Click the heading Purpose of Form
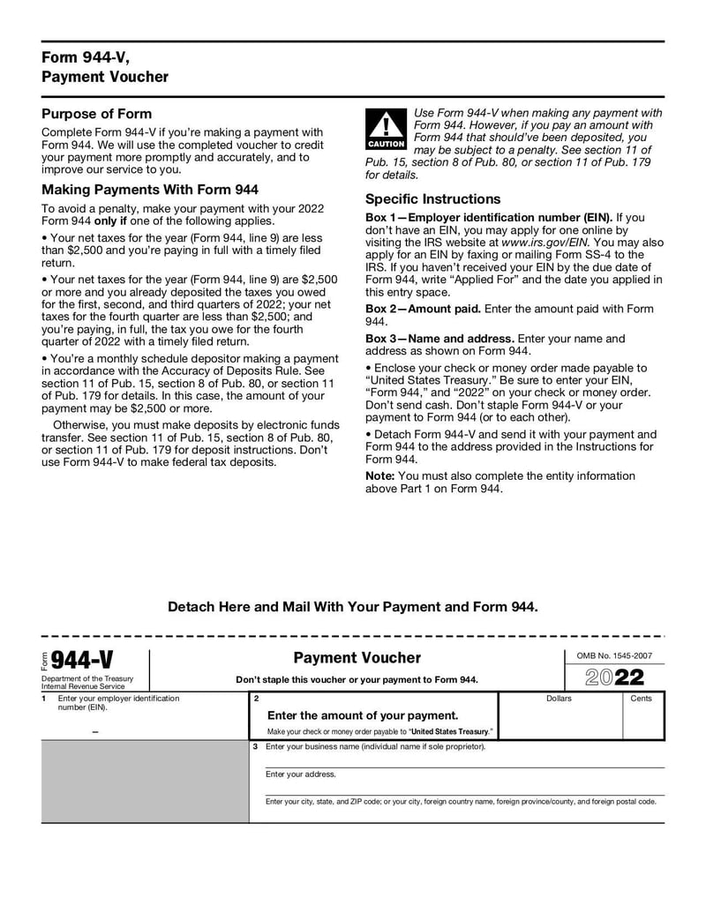click(97, 114)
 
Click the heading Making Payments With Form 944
click(150, 190)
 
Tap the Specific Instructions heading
click(432, 198)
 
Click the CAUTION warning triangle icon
click(386, 129)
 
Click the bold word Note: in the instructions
click(380, 475)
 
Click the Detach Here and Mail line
click(352, 607)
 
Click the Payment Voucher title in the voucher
click(357, 658)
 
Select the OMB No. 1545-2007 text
click(614, 655)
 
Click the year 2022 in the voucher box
click(614, 677)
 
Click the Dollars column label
click(559, 699)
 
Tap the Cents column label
click(642, 699)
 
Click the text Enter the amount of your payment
click(363, 715)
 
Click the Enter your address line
click(301, 774)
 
